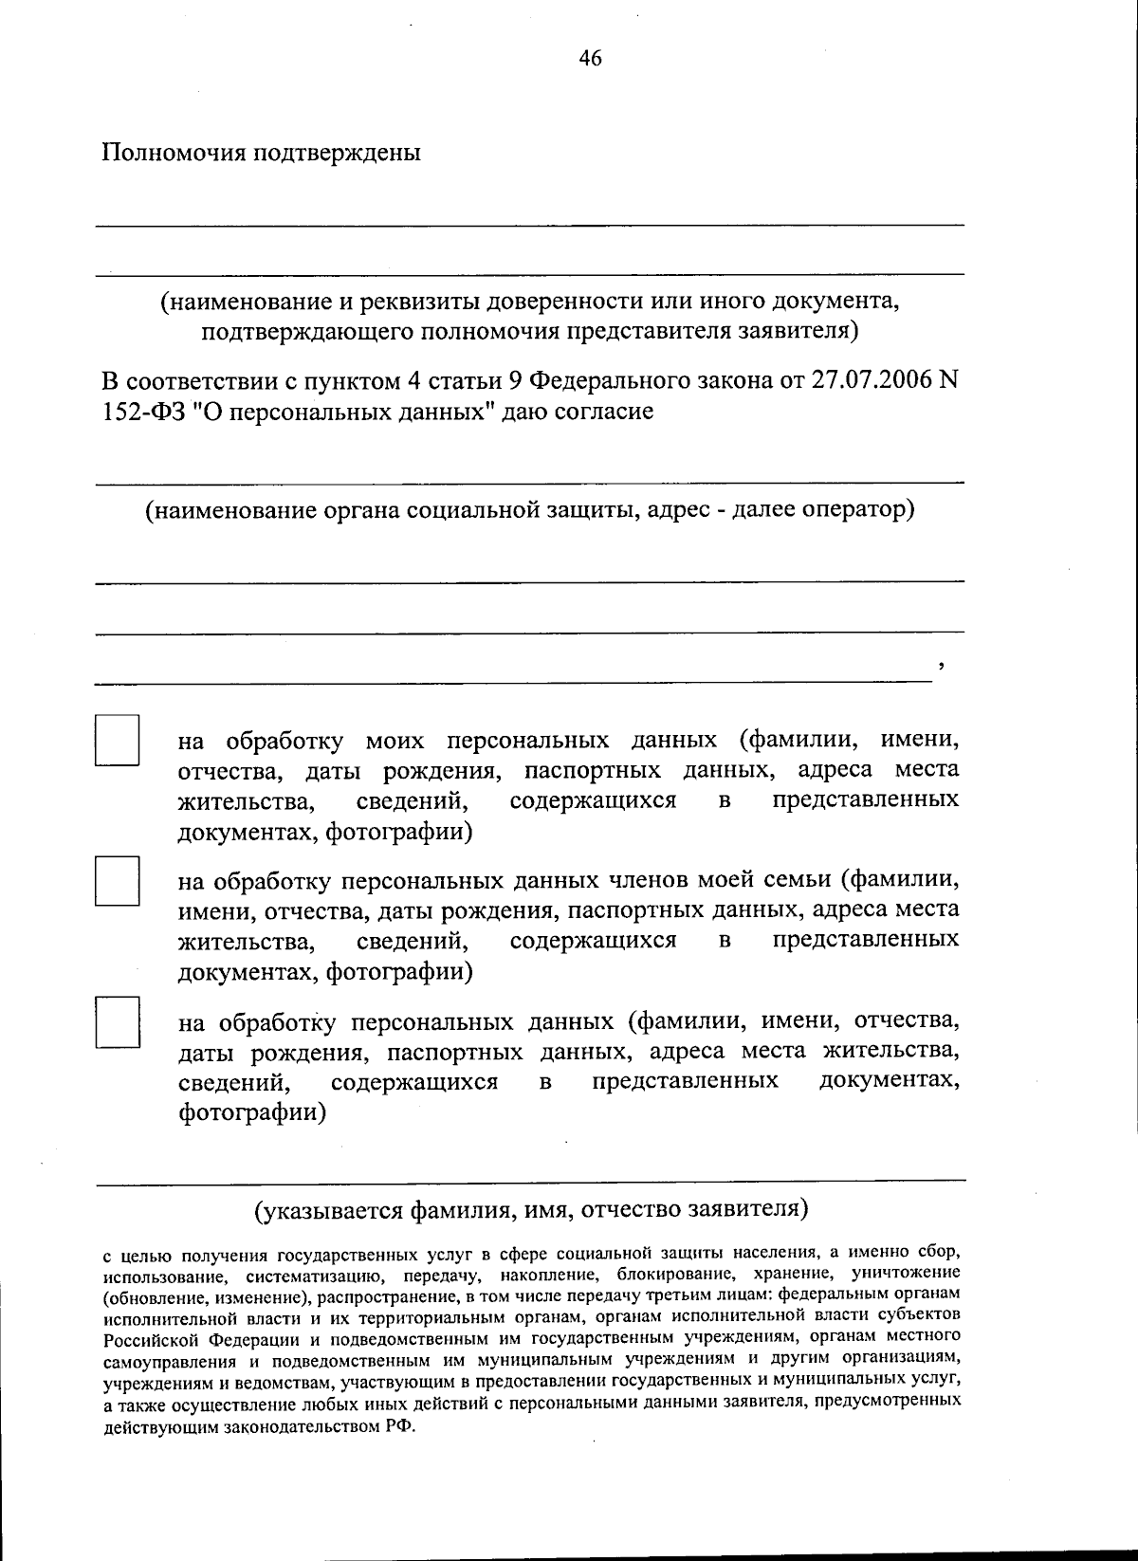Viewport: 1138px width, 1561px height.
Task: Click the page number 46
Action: (590, 59)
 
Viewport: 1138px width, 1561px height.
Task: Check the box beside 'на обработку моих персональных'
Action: (117, 740)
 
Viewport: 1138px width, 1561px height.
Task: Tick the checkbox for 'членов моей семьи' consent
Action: (117, 880)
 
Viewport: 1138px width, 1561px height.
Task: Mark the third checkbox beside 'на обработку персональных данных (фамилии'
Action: (117, 1021)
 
